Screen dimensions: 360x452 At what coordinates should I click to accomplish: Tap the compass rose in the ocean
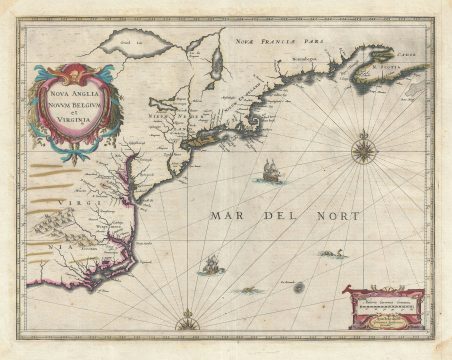(x=361, y=152)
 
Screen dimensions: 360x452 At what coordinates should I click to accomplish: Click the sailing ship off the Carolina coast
(x=211, y=265)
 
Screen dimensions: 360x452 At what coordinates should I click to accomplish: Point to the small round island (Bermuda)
(x=298, y=287)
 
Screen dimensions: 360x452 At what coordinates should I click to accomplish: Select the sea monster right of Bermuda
(x=339, y=254)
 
